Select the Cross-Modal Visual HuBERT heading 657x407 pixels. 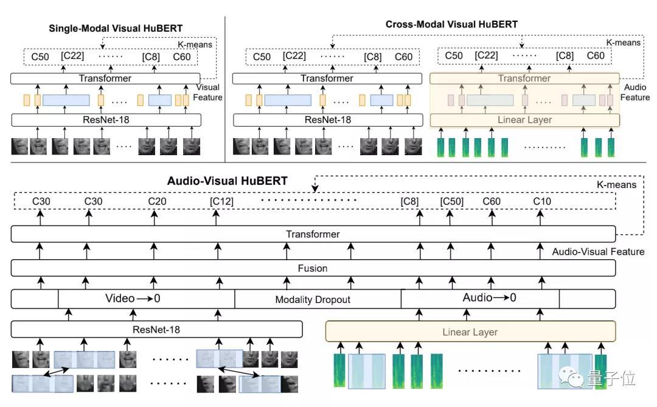click(451, 24)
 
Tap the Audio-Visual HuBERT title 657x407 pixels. click(227, 181)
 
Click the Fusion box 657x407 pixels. click(313, 268)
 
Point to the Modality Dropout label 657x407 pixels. click(313, 299)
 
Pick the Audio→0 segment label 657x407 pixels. click(489, 297)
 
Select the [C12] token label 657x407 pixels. click(221, 201)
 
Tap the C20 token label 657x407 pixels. click(158, 201)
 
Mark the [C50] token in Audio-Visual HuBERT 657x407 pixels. click(451, 201)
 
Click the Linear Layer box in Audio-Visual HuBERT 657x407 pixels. click(470, 332)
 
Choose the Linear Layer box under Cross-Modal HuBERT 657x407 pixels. click(524, 119)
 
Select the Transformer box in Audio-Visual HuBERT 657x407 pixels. click(313, 234)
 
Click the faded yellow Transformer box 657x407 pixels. click(524, 78)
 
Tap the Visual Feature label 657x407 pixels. click(208, 92)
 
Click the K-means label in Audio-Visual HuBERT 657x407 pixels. click(616, 184)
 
